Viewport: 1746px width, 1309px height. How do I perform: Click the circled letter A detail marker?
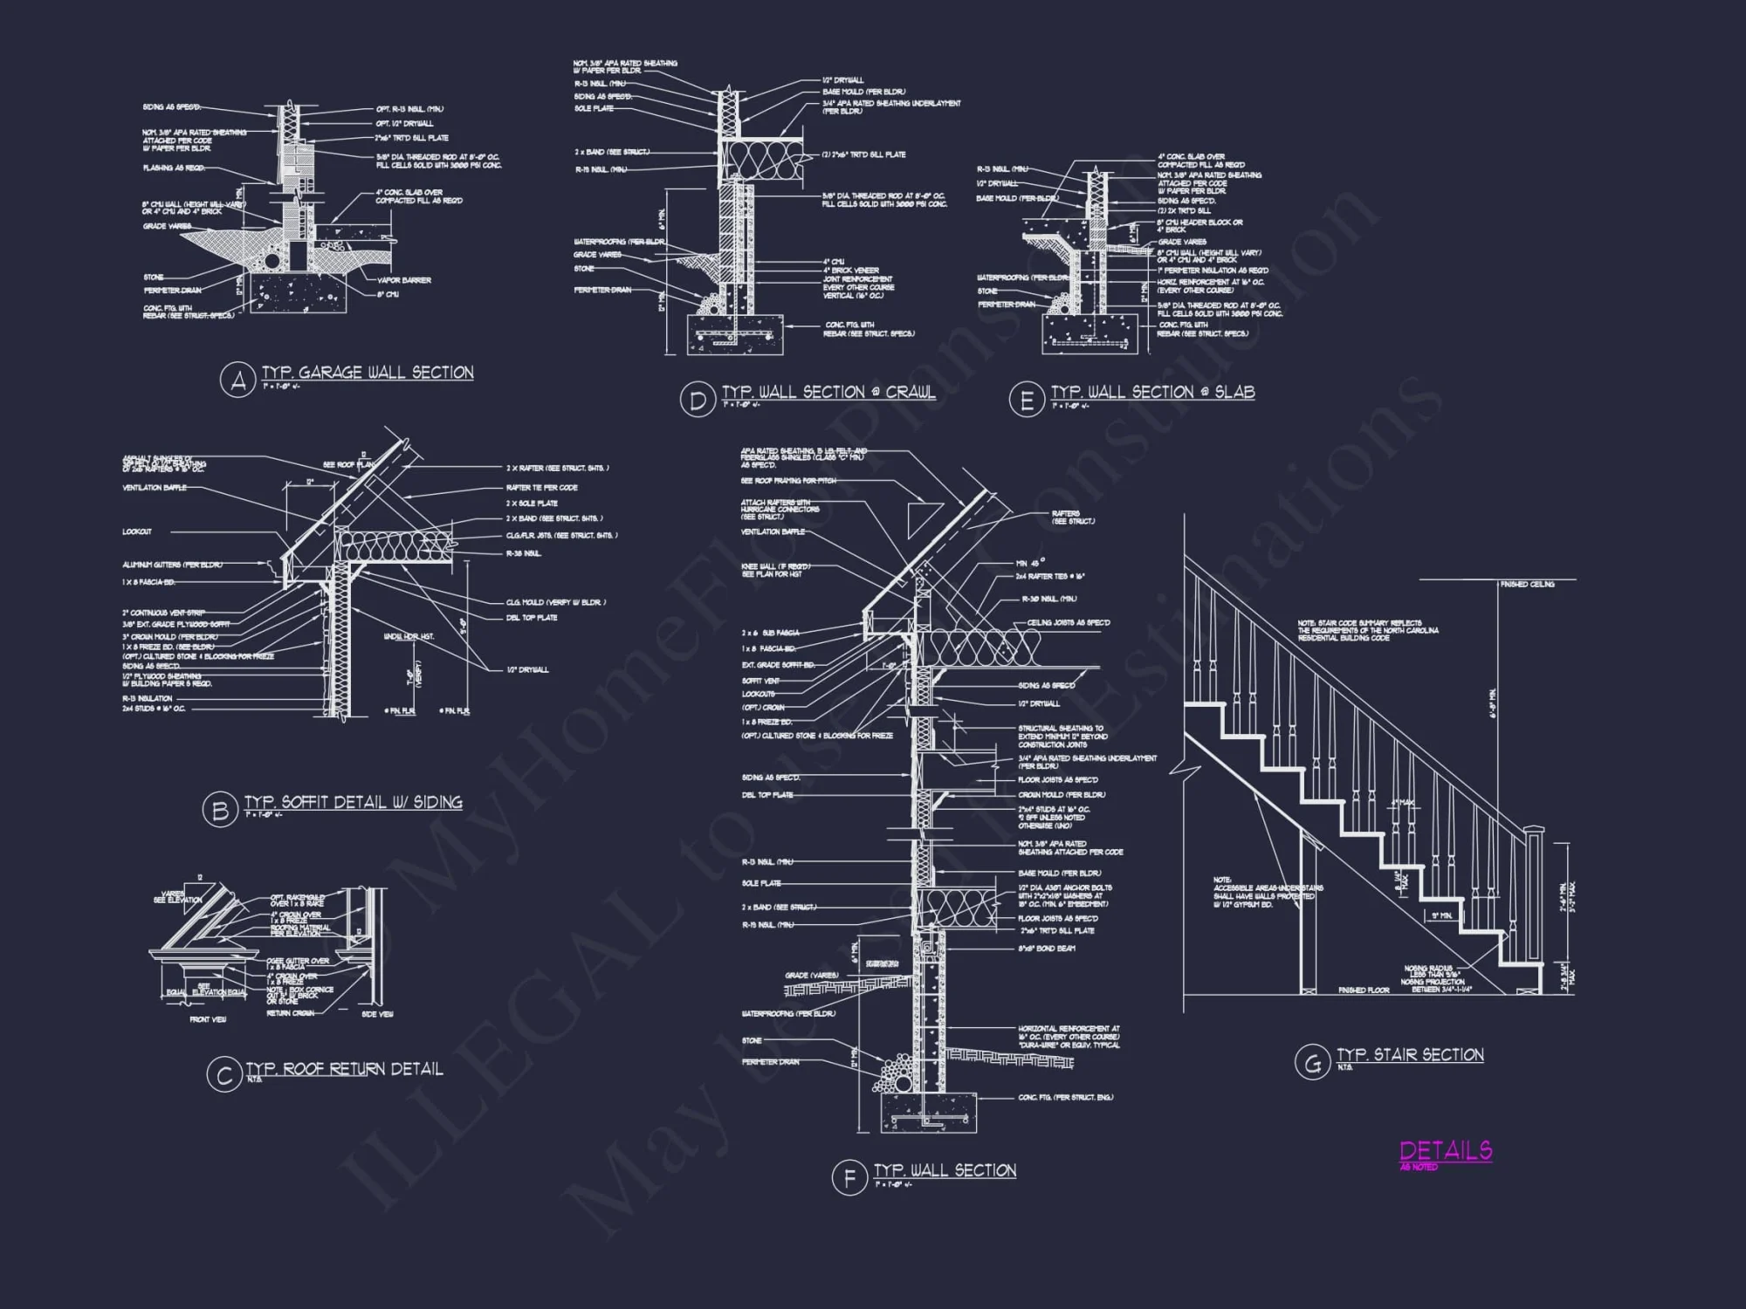237,380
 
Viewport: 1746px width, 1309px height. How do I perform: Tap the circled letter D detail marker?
697,400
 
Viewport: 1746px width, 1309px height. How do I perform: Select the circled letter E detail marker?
1026,400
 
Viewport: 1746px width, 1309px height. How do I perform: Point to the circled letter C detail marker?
223,1075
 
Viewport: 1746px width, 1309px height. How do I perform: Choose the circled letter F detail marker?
849,1178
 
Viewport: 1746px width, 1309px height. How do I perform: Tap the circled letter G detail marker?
1311,1062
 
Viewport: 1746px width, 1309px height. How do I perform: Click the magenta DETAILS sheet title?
1446,1151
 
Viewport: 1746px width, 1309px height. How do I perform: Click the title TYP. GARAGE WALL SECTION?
368,373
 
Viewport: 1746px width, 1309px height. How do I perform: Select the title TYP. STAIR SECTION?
1410,1054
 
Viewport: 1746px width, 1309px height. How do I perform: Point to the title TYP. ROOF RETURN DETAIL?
344,1069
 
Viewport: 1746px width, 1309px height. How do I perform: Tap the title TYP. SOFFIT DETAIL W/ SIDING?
353,802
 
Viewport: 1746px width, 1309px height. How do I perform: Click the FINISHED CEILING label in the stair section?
1527,584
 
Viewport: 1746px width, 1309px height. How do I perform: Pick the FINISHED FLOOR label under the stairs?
1364,990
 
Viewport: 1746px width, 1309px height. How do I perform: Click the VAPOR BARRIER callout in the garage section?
403,281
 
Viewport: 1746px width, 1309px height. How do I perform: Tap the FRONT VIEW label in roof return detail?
209,1019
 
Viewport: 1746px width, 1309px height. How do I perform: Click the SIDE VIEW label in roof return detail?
377,1014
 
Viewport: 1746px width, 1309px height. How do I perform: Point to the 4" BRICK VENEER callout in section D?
850,271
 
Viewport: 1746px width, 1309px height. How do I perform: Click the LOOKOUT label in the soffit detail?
137,531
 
